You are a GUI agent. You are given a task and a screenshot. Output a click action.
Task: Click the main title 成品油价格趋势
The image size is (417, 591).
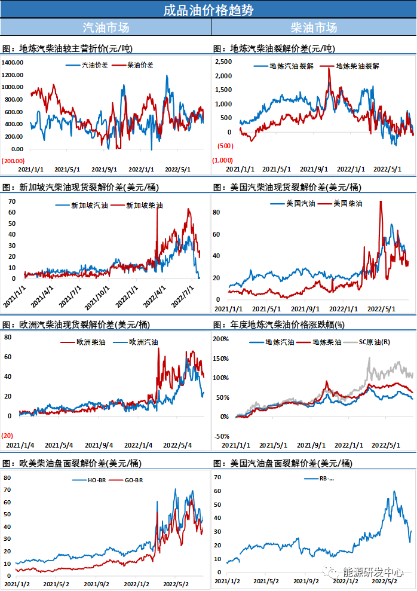click(208, 10)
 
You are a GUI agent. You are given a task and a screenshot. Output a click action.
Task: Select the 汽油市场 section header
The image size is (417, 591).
click(105, 27)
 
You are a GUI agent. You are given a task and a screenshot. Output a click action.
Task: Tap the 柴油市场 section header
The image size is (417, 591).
click(314, 27)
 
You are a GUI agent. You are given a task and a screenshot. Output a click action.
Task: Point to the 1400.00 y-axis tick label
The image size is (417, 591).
click(13, 62)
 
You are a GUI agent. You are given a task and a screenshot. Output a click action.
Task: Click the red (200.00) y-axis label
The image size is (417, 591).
click(13, 161)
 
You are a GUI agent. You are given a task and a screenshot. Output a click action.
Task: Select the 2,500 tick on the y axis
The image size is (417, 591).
click(223, 62)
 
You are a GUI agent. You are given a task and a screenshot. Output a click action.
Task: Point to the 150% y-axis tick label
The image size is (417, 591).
click(221, 359)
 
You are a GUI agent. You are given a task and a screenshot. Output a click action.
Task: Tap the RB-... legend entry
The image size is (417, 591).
click(326, 478)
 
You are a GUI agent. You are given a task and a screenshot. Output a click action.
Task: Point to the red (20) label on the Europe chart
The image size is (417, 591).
click(8, 436)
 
